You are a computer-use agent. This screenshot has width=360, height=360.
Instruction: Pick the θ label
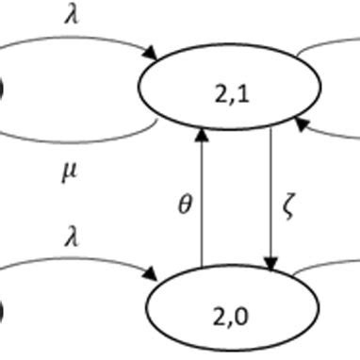click(185, 202)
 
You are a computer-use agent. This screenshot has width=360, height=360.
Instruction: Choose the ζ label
click(290, 202)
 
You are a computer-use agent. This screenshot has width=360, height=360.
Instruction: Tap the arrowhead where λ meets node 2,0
click(153, 277)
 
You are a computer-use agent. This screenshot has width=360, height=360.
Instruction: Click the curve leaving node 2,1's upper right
click(320, 47)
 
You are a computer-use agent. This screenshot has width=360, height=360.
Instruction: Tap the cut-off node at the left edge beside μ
click(2, 90)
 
